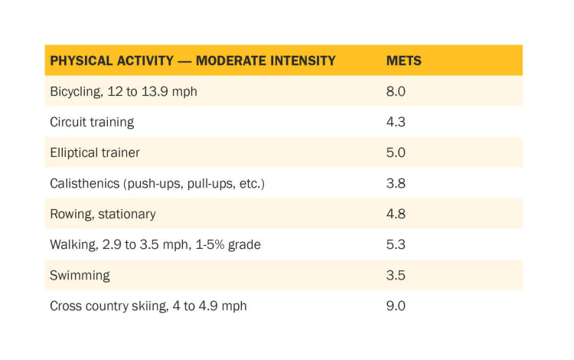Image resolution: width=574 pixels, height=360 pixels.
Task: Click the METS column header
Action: [403, 61]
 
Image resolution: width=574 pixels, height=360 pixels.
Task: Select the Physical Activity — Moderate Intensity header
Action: [193, 61]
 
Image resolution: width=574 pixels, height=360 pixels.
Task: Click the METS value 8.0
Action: [396, 91]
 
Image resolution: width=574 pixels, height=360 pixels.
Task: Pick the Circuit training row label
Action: [92, 122]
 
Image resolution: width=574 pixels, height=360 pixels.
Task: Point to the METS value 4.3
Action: [396, 122]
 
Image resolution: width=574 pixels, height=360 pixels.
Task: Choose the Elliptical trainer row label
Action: [95, 152]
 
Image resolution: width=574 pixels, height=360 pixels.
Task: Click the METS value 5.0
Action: [396, 152]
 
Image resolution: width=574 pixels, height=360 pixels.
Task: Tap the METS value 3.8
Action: [396, 183]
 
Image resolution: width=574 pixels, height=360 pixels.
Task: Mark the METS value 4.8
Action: [396, 214]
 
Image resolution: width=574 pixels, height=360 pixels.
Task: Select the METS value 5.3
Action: [396, 244]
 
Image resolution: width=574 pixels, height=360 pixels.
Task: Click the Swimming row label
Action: [80, 275]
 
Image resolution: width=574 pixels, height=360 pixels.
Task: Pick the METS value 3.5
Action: [396, 275]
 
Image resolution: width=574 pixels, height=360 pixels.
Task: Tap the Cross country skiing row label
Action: [148, 306]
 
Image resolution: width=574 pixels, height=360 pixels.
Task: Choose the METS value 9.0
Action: [396, 306]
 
